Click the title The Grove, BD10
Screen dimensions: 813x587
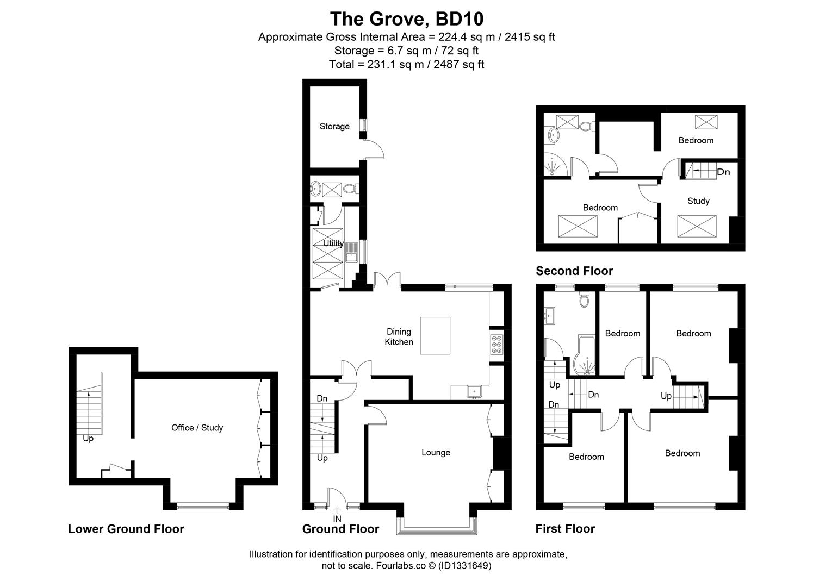[x=407, y=19]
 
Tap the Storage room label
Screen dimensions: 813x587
[x=334, y=126]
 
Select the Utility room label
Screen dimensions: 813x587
[x=333, y=243]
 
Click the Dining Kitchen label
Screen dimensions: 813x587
[x=399, y=336]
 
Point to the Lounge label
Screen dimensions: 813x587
[x=436, y=452]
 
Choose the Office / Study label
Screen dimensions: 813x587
[x=197, y=428]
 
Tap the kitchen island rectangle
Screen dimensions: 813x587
[x=435, y=335]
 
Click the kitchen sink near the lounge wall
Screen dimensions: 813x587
[x=474, y=392]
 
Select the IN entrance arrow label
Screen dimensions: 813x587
[x=337, y=519]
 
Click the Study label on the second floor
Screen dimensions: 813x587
[x=698, y=201]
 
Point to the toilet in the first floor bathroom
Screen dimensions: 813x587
[x=585, y=299]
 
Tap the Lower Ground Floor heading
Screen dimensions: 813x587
[x=126, y=529]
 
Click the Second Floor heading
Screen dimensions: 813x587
[x=574, y=271]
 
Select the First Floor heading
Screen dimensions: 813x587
[x=565, y=529]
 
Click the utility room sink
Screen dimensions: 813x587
[x=351, y=252]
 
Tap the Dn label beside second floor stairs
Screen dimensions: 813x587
[x=723, y=172]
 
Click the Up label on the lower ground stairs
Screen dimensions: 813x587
[x=88, y=439]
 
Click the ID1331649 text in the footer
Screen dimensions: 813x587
[x=464, y=566]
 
